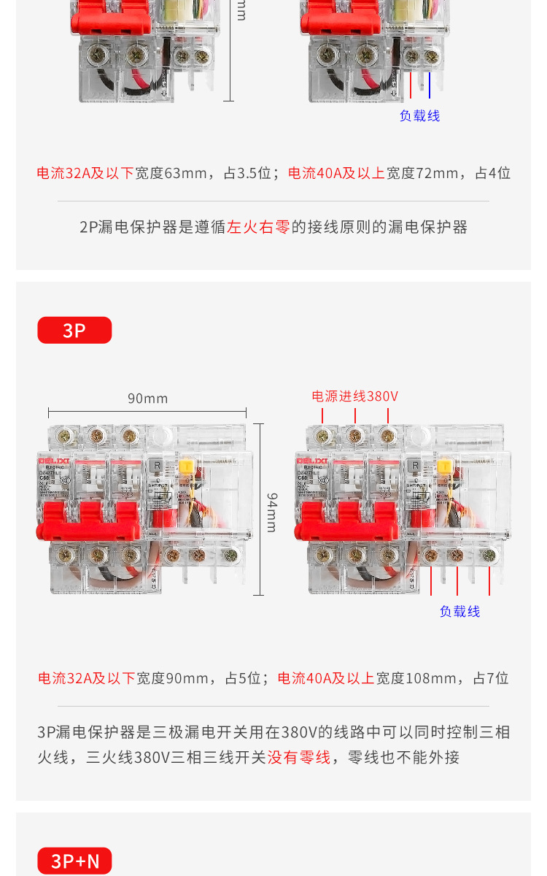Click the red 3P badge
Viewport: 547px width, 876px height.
click(x=74, y=330)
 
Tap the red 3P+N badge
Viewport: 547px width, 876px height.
click(x=74, y=861)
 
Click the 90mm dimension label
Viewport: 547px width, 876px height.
click(x=147, y=399)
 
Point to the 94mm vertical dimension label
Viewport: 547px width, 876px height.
click(x=271, y=512)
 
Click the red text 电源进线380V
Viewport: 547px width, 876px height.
click(x=354, y=396)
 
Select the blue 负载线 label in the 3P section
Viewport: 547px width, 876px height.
click(x=459, y=612)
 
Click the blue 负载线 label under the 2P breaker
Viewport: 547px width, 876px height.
click(x=419, y=116)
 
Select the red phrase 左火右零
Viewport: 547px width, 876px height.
click(x=259, y=227)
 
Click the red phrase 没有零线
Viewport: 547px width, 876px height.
click(x=298, y=757)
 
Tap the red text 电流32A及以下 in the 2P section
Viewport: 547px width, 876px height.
click(x=85, y=173)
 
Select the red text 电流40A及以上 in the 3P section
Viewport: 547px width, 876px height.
click(x=326, y=678)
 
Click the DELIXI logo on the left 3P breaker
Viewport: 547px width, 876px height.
click(x=53, y=461)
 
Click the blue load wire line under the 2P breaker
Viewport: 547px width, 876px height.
click(x=430, y=85)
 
